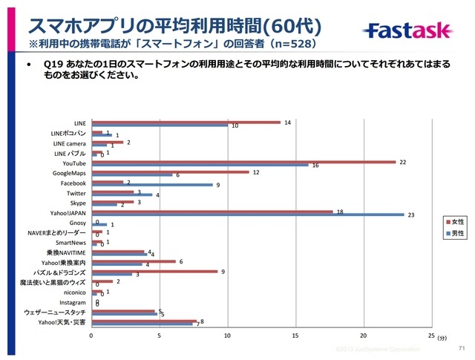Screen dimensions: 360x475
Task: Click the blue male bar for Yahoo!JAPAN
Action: click(x=247, y=215)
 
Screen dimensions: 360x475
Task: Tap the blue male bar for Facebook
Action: click(x=151, y=185)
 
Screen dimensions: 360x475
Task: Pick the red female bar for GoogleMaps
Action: click(x=170, y=172)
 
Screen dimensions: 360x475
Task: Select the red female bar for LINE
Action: click(x=186, y=122)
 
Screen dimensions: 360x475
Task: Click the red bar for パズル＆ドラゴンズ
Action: click(x=155, y=271)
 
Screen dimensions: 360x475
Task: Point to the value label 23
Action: click(x=410, y=215)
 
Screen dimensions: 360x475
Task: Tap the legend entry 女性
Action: click(x=454, y=222)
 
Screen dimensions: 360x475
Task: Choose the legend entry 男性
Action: click(x=454, y=232)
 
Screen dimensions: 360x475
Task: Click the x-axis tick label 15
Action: click(x=295, y=336)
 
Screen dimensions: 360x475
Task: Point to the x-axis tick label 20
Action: click(x=363, y=336)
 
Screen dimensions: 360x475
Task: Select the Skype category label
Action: click(x=77, y=203)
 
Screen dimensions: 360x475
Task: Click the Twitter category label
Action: click(x=76, y=192)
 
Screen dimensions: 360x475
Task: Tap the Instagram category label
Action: click(x=73, y=303)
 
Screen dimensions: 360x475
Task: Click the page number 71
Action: click(x=462, y=348)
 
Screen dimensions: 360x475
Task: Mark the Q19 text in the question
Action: click(x=56, y=65)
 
